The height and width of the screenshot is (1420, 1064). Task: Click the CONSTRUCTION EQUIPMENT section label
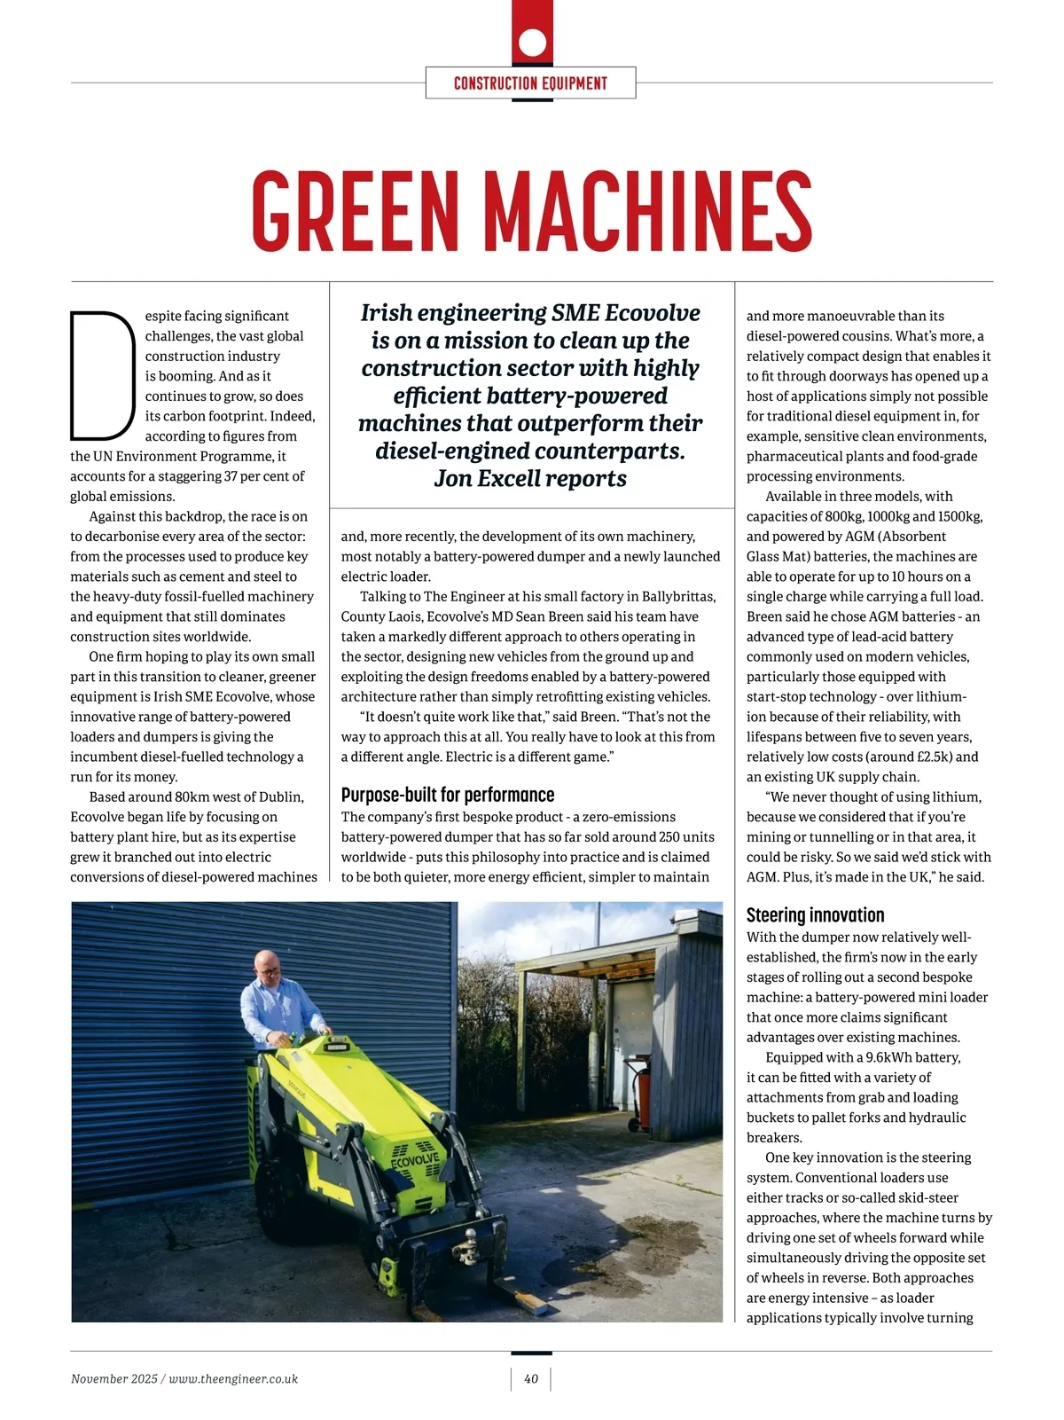[530, 83]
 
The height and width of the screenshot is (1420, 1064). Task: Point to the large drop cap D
[100, 375]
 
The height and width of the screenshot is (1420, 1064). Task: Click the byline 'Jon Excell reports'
[530, 479]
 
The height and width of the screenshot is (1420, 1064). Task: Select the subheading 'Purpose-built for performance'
[448, 795]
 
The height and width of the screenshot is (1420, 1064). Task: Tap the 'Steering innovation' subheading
[815, 915]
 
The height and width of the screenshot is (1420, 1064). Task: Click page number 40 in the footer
[531, 1379]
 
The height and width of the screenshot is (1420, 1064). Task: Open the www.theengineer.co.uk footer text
[233, 1379]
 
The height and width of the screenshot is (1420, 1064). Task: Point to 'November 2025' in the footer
[113, 1379]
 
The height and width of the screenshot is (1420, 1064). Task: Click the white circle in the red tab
[532, 42]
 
